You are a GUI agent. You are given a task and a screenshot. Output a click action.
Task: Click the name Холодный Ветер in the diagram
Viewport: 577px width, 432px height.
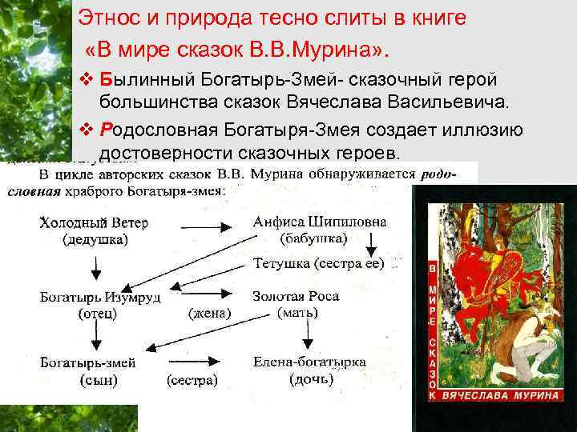click(x=95, y=222)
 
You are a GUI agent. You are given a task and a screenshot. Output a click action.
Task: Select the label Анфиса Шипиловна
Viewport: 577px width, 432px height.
click(x=320, y=222)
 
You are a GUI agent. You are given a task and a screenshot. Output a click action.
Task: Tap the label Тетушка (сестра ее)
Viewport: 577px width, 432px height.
click(x=318, y=262)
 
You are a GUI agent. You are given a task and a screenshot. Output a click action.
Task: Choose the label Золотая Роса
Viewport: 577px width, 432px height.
click(x=296, y=296)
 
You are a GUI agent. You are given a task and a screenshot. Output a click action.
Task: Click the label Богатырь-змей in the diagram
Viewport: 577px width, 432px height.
click(x=88, y=362)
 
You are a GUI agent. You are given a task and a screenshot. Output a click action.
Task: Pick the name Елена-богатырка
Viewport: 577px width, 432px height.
click(x=309, y=362)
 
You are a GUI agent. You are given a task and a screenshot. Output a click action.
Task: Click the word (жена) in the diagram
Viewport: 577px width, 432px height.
click(x=210, y=313)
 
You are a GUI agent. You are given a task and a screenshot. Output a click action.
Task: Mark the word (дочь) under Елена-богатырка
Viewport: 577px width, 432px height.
click(x=311, y=379)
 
